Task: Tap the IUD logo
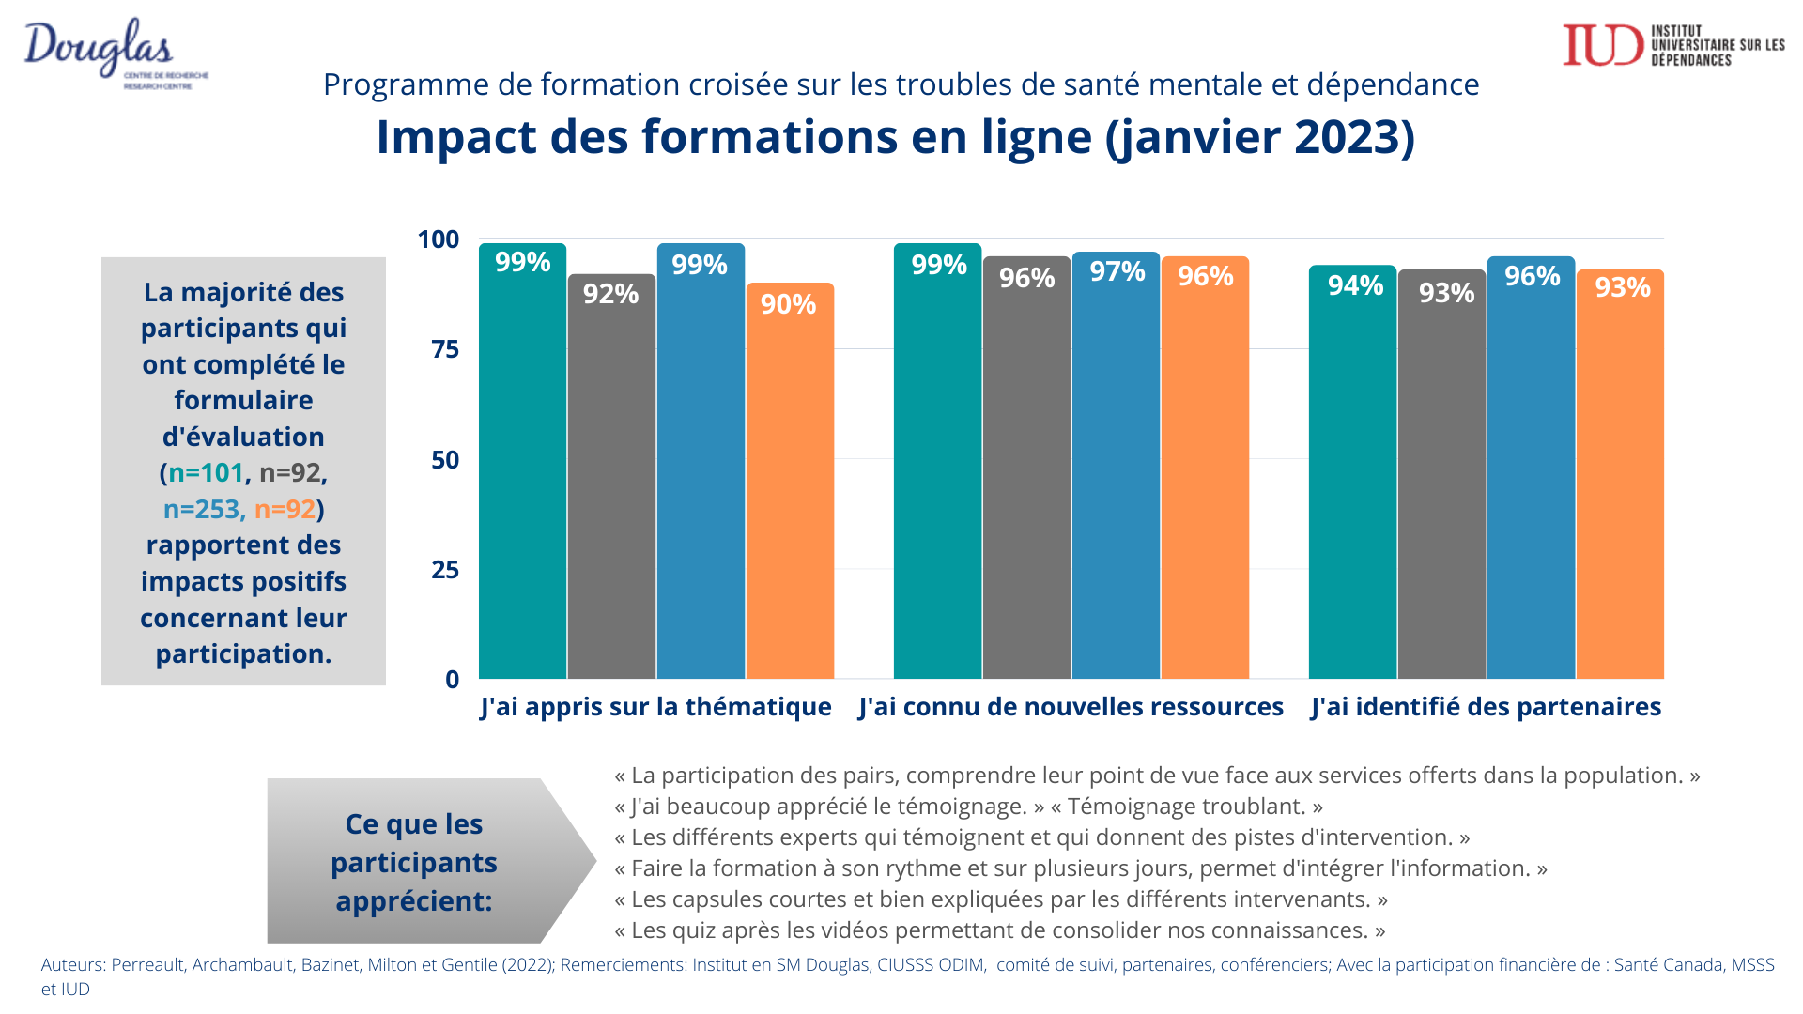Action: tap(1672, 45)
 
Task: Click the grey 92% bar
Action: tap(611, 479)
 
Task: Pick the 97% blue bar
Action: tap(1116, 469)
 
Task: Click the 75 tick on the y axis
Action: tap(445, 349)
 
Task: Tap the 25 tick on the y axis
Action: tap(445, 570)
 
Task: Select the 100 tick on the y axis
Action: tap(439, 239)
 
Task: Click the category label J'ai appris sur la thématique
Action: tap(655, 707)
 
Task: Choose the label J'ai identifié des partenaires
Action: tap(1486, 707)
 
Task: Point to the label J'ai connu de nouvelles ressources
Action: tap(1071, 707)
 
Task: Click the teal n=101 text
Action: tap(206, 472)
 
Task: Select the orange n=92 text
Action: tap(285, 509)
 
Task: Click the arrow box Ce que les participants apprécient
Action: tap(415, 862)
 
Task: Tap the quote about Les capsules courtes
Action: tap(1001, 899)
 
